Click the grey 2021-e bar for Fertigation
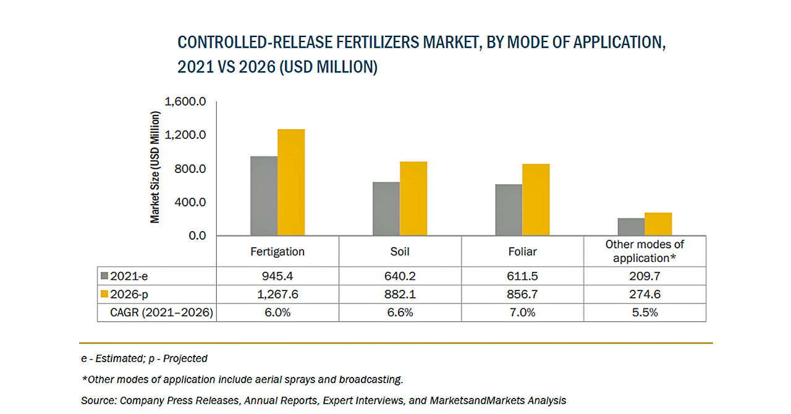pos(264,196)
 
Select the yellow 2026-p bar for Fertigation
pos(291,182)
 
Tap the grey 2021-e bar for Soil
pos(386,209)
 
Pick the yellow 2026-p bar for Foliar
pos(536,200)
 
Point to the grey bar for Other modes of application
pos(631,227)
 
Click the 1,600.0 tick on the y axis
pos(185,101)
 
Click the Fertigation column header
pos(277,251)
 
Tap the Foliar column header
pos(522,251)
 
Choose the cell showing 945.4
pos(277,276)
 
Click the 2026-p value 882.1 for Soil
pos(400,294)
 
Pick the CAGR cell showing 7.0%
pos(522,313)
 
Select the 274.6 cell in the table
pos(645,294)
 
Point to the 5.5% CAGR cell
pos(645,313)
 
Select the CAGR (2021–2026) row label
pos(162,313)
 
